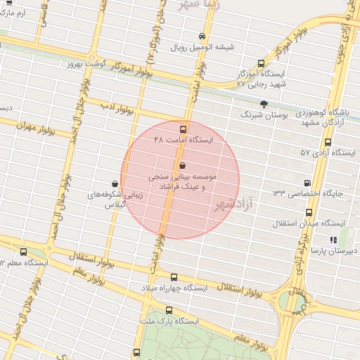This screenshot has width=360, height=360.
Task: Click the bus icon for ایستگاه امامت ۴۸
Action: (x=184, y=129)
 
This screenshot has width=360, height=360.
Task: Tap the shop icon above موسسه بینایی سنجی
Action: (x=184, y=165)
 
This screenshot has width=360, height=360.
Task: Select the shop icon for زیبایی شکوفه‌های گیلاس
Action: (x=115, y=183)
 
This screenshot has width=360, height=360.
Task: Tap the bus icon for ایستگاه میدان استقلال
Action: (x=309, y=212)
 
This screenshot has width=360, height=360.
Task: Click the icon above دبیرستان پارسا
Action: (x=333, y=240)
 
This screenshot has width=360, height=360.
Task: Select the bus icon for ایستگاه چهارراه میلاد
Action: (x=174, y=278)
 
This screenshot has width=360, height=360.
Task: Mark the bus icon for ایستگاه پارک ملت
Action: (x=169, y=310)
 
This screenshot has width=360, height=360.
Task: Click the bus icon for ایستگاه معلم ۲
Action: (x=24, y=252)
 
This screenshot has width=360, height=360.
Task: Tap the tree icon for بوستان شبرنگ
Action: (x=264, y=103)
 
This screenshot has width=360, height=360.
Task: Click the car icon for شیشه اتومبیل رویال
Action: (x=202, y=36)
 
